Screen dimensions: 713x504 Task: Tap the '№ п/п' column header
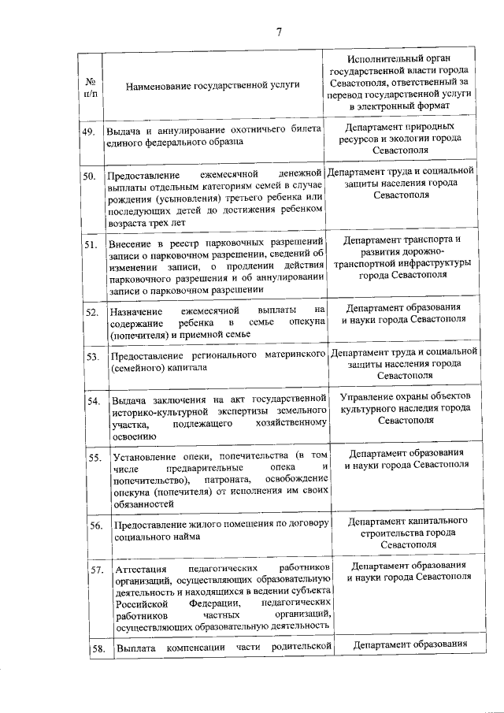[91, 87]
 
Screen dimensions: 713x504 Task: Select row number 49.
[89, 132]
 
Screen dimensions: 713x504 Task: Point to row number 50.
[90, 176]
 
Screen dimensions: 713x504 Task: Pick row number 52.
[90, 313]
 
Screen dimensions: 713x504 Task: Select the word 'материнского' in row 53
[295, 356]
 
